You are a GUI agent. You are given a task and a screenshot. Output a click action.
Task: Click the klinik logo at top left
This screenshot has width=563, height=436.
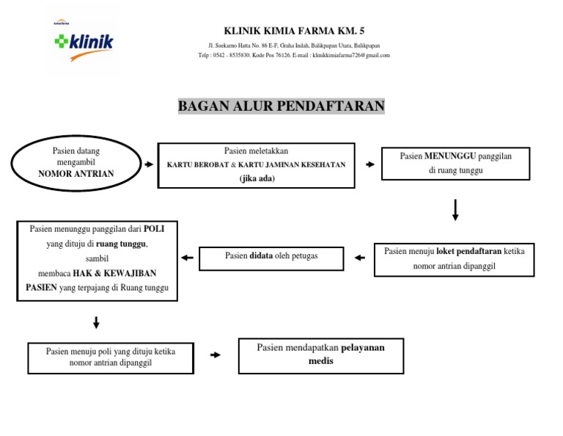(x=83, y=45)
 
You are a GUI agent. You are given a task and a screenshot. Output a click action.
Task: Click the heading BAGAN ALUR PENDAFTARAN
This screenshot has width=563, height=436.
(x=281, y=106)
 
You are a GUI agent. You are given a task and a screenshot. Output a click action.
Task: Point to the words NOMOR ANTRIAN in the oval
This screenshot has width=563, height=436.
(x=76, y=174)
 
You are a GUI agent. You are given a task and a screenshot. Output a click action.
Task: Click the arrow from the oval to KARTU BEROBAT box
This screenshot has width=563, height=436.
(x=150, y=164)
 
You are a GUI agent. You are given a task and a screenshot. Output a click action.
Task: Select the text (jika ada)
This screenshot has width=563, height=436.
(x=257, y=178)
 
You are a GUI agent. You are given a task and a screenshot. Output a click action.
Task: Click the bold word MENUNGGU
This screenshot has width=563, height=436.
(x=450, y=156)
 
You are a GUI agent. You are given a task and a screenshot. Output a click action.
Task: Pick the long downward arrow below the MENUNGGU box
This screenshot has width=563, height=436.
(x=455, y=209)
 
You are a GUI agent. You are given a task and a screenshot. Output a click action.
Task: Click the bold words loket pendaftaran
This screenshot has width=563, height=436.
(x=468, y=251)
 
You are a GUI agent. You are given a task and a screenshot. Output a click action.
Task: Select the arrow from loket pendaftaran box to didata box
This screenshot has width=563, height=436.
(x=358, y=258)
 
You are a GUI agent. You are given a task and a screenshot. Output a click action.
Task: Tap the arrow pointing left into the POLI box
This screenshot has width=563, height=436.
(x=187, y=258)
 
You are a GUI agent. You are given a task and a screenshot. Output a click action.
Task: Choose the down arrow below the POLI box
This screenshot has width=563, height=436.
(x=96, y=322)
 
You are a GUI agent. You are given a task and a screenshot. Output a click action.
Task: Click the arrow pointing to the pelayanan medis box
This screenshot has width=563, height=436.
(x=215, y=355)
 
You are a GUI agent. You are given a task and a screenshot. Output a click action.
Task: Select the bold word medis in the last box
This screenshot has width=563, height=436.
(x=320, y=360)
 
